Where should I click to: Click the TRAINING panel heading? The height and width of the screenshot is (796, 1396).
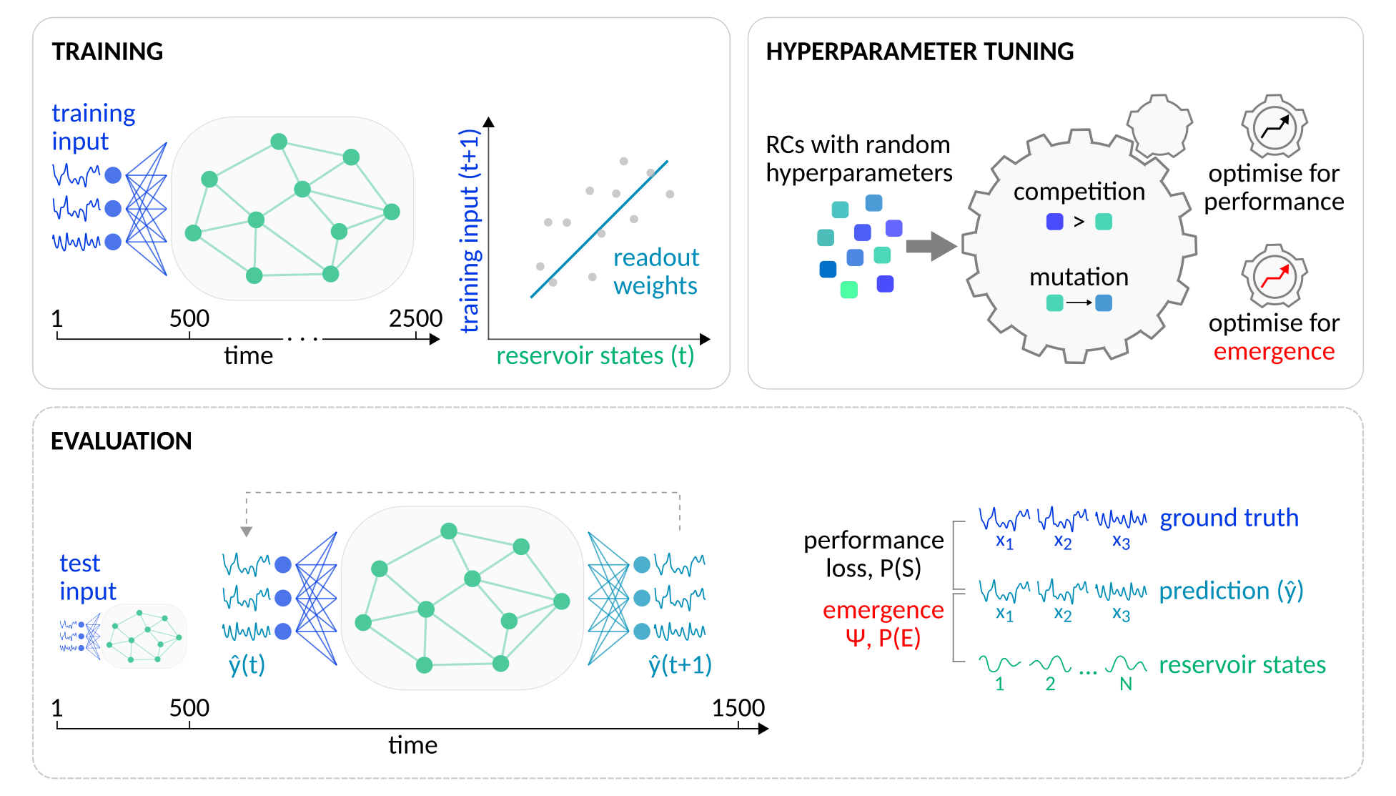[x=107, y=52]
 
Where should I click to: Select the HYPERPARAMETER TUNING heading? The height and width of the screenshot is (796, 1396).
[x=919, y=52]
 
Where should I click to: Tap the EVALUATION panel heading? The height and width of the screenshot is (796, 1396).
[x=121, y=441]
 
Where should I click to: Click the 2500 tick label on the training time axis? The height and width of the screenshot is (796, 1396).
[x=415, y=318]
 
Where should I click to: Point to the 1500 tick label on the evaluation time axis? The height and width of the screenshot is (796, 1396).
[x=738, y=708]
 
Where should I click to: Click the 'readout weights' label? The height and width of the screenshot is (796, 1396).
[x=655, y=272]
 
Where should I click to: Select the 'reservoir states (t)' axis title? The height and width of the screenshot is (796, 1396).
[x=595, y=355]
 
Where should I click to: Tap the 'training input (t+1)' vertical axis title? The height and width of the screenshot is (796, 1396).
[x=469, y=230]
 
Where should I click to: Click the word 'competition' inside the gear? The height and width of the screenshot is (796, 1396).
[x=1079, y=192]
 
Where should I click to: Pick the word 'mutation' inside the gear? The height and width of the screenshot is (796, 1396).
[x=1079, y=277]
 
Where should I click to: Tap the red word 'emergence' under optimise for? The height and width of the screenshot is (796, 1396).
[x=1274, y=351]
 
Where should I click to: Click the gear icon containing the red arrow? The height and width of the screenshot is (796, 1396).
[x=1274, y=275]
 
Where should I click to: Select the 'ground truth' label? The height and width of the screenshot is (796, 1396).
[x=1229, y=518]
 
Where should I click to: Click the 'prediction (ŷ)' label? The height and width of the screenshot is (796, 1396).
[x=1231, y=591]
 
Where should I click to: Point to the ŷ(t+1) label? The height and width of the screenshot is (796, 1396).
[x=680, y=665]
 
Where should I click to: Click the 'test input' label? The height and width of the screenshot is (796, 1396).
[x=87, y=577]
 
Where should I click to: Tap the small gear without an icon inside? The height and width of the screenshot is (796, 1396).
[x=1159, y=126]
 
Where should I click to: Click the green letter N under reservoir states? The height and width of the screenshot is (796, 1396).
[x=1126, y=684]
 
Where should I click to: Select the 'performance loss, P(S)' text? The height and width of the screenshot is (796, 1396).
[x=873, y=554]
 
